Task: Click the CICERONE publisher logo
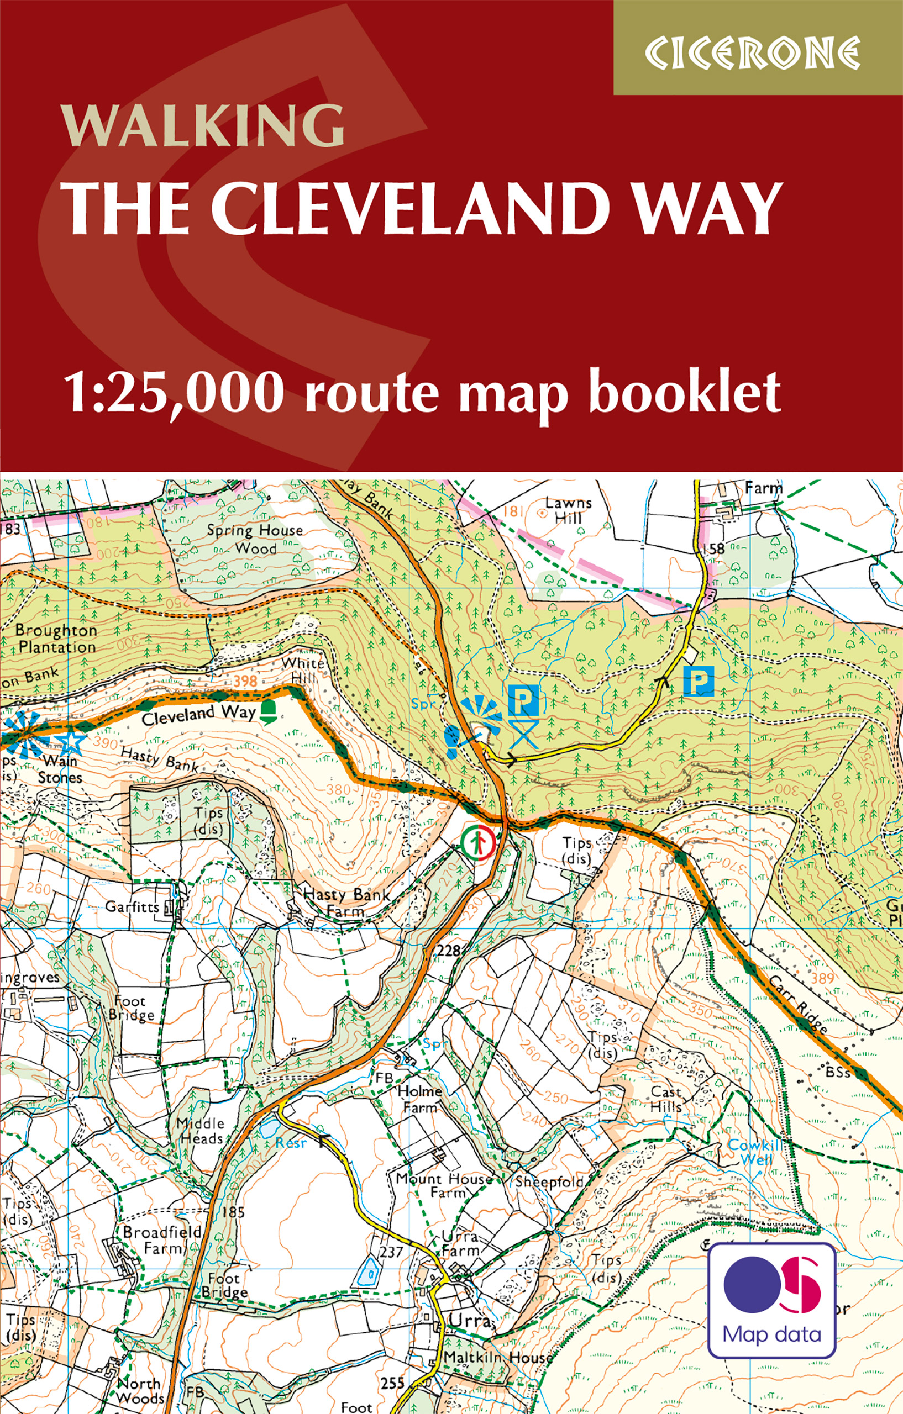pyautogui.click(x=753, y=53)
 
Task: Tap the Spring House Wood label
pyautogui.click(x=255, y=539)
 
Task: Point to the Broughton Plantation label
pyautogui.click(x=56, y=639)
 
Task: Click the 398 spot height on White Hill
pyautogui.click(x=245, y=680)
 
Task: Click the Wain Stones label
pyautogui.click(x=60, y=769)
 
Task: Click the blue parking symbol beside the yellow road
pyautogui.click(x=699, y=681)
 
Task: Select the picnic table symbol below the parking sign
pyautogui.click(x=523, y=735)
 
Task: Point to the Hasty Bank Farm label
pyautogui.click(x=347, y=903)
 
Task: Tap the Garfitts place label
pyautogui.click(x=132, y=906)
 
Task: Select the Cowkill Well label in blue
pyautogui.click(x=754, y=1153)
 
